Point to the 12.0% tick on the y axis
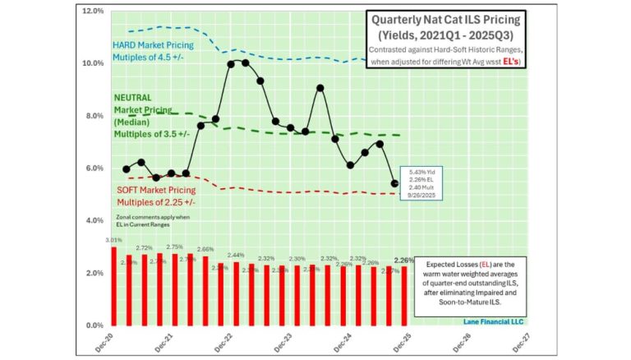coord(91,12)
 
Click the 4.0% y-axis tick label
coord(93,220)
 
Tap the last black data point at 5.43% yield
coord(394,184)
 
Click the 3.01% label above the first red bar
coord(113,240)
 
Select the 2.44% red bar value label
coord(236,256)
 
